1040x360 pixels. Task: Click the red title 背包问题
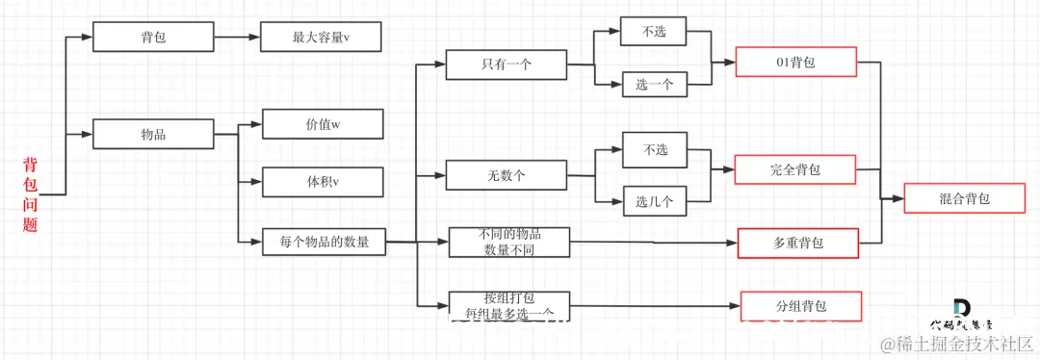[x=30, y=194]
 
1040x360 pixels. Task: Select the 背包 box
[x=152, y=38]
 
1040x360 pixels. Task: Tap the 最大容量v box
[x=322, y=38]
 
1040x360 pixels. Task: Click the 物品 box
[x=152, y=134]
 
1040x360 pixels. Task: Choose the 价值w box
[x=323, y=125]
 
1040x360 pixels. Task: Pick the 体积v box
[x=323, y=181]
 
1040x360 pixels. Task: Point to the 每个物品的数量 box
[x=324, y=242]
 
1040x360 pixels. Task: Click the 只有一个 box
[x=506, y=64]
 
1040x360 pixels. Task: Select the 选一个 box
[x=654, y=85]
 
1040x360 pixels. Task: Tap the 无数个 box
[x=506, y=175]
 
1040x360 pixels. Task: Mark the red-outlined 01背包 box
[x=794, y=64]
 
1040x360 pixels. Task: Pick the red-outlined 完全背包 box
[x=794, y=169]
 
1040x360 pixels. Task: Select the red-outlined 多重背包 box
[x=797, y=244]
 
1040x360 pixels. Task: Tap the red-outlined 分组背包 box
[x=800, y=306]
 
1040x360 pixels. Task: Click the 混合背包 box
[x=964, y=199]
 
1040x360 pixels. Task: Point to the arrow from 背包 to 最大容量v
[x=236, y=38]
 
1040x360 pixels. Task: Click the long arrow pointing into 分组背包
[x=655, y=306]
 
